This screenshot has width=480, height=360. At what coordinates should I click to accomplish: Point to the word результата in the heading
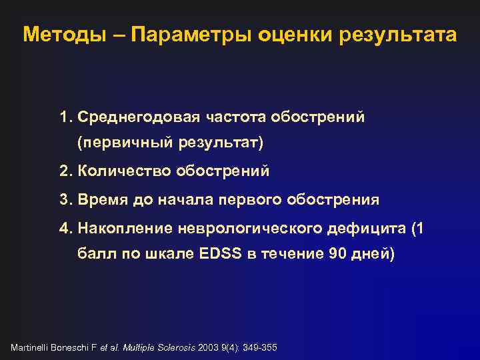[x=397, y=35]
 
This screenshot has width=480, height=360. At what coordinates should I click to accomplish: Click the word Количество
[x=125, y=171]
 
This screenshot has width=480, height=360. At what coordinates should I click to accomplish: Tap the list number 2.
[x=65, y=171]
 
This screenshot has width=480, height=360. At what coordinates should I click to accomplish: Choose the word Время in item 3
[x=99, y=199]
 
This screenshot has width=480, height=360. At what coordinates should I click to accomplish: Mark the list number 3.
[x=65, y=199]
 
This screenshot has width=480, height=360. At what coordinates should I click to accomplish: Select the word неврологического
[x=253, y=229]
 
